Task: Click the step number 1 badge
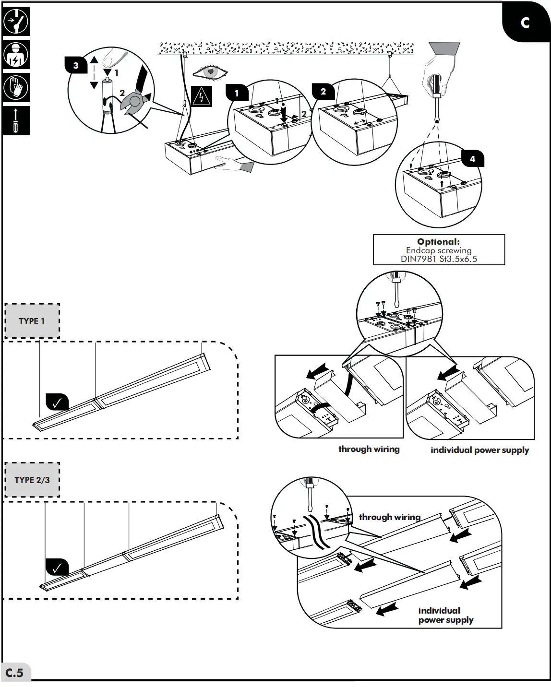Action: click(237, 93)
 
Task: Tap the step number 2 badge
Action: click(323, 92)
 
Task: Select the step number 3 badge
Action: click(76, 65)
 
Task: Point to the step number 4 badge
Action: click(472, 159)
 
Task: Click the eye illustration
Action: click(210, 72)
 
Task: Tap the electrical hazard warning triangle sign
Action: click(201, 96)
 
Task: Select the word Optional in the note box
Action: click(438, 242)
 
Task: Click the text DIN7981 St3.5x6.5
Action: click(439, 259)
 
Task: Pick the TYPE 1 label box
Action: click(32, 321)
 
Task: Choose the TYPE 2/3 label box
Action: click(32, 480)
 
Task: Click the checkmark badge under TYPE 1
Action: click(57, 403)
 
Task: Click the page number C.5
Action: click(15, 673)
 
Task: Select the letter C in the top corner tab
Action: click(525, 23)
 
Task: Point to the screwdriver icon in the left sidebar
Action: click(16, 120)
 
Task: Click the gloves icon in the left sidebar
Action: click(16, 87)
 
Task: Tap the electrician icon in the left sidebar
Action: click(16, 55)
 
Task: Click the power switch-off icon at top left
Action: click(16, 22)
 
